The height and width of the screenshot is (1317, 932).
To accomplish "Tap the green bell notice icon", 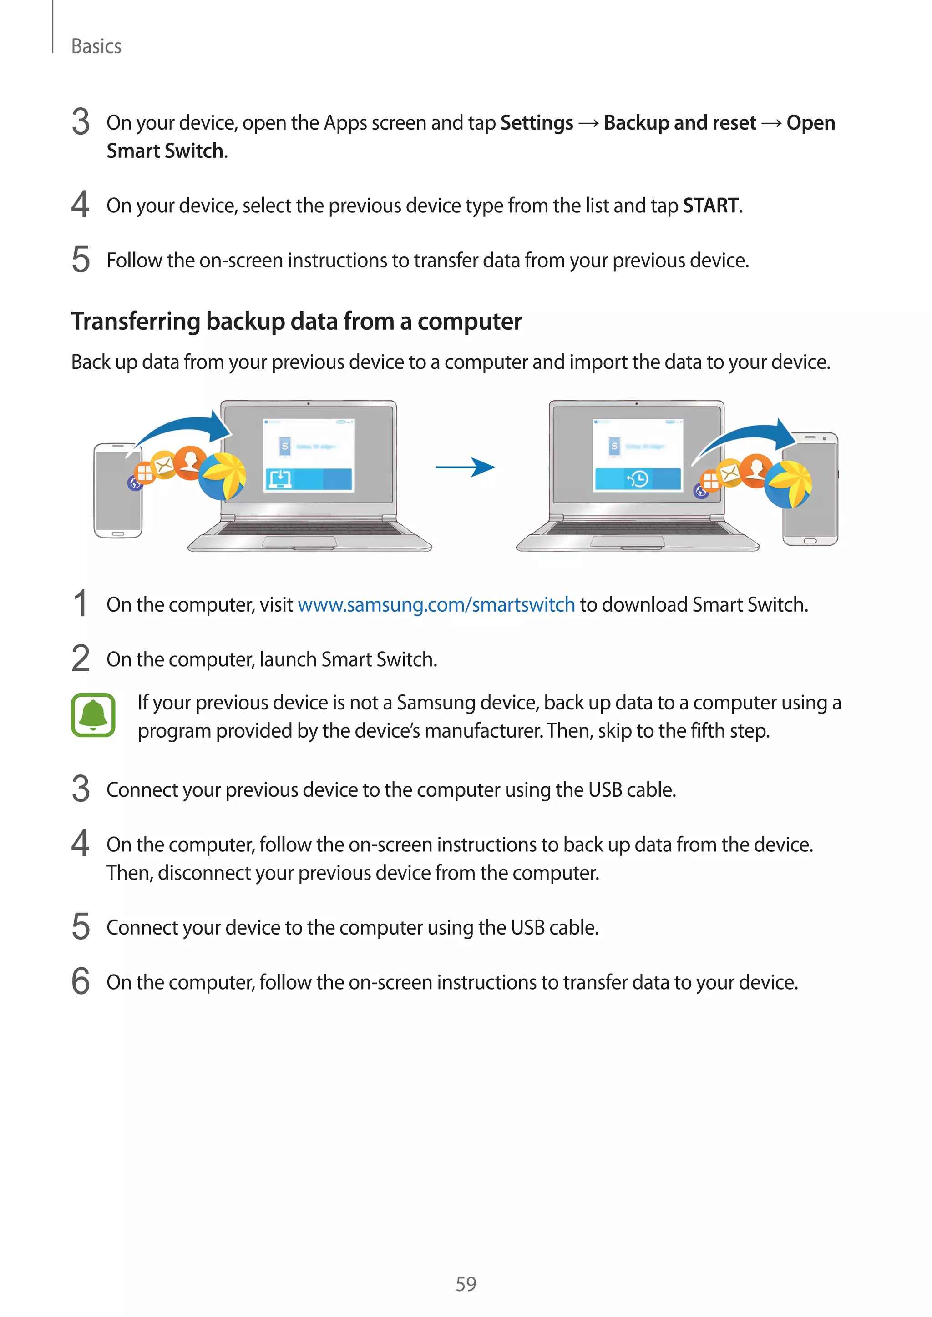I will click(93, 715).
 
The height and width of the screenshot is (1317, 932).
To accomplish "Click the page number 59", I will click(466, 1284).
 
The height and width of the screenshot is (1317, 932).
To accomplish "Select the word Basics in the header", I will click(96, 46).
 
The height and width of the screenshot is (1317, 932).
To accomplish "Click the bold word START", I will click(710, 206).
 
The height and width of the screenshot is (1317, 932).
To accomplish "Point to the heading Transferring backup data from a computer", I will click(296, 321).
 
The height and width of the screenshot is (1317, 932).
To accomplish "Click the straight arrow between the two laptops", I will click(465, 467).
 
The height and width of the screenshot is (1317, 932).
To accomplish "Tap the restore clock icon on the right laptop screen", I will click(638, 478).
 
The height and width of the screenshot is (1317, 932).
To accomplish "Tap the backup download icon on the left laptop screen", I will click(279, 478).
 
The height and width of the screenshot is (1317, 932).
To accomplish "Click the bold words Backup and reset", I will click(679, 123).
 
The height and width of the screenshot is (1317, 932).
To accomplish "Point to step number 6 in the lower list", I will click(81, 981).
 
